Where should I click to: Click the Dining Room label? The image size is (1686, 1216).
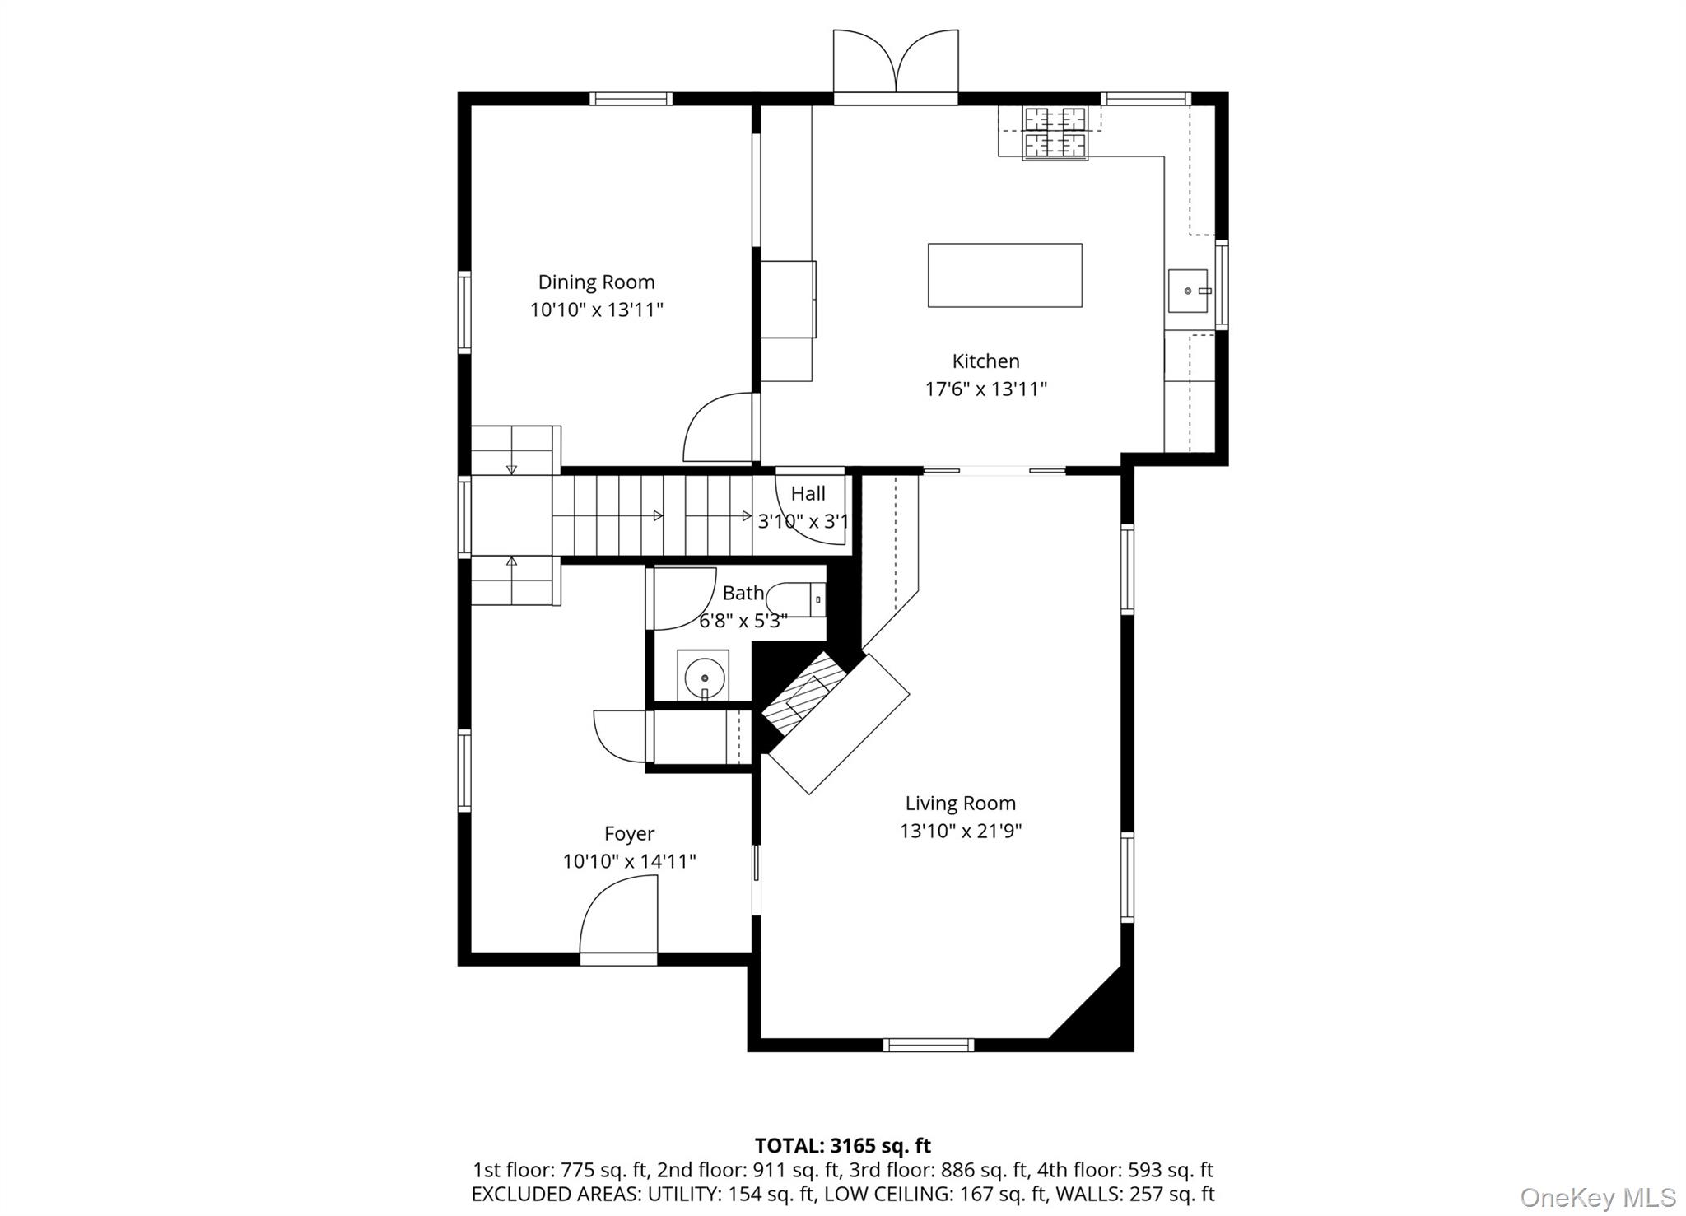[596, 282]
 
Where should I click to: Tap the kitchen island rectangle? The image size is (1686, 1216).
[1004, 275]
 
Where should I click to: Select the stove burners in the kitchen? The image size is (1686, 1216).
[1055, 133]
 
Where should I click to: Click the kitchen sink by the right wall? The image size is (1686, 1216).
[1188, 291]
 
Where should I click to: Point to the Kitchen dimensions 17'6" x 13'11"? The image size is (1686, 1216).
[985, 389]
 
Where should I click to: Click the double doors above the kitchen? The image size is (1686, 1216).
[896, 63]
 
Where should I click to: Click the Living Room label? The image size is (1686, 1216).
[960, 803]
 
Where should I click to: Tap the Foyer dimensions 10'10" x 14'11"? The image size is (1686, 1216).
[629, 861]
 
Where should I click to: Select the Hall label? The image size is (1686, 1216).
[808, 493]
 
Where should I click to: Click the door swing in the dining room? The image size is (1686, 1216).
[718, 428]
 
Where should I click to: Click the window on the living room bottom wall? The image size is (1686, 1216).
[929, 1045]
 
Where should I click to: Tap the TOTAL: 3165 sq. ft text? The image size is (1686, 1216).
[842, 1145]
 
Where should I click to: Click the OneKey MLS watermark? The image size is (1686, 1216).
[1597, 1196]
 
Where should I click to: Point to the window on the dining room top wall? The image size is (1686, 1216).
[631, 99]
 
